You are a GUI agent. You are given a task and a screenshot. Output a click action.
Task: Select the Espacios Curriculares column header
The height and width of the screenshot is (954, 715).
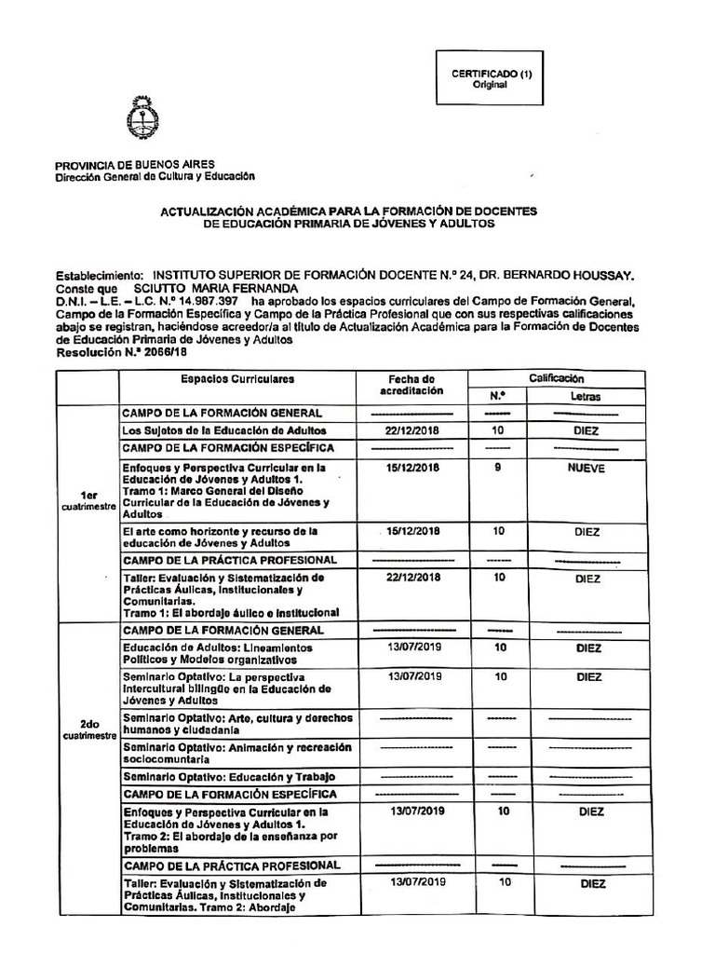point(237,380)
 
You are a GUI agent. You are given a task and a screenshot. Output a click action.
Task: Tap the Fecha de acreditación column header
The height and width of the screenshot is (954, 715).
point(411,386)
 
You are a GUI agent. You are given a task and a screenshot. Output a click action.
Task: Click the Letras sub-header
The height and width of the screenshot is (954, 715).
point(586,397)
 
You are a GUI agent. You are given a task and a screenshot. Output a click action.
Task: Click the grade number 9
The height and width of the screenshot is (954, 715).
point(498,469)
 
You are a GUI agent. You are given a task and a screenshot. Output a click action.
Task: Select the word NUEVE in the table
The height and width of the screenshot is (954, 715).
point(586,469)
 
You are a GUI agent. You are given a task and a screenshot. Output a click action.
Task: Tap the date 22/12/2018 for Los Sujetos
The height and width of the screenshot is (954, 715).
point(411,431)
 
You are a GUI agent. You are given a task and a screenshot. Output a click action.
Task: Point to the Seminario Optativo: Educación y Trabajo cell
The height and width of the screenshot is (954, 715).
point(229,776)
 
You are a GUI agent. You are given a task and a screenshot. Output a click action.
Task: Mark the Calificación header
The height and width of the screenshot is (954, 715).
point(556,378)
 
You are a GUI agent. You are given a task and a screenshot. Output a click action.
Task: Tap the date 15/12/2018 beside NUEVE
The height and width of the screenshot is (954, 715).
point(411,469)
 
